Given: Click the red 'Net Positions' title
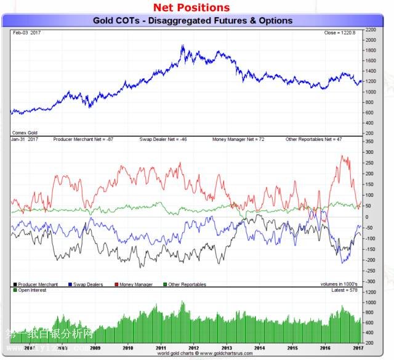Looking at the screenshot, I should point(191,7).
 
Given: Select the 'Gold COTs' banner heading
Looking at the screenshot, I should point(193,20).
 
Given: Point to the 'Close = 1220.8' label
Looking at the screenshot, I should point(339,32).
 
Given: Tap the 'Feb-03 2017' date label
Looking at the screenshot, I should point(25,32).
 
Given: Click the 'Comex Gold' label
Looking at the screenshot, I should point(24,133).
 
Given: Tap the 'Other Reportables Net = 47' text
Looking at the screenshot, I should point(314,140).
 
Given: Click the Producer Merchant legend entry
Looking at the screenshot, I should point(37,284).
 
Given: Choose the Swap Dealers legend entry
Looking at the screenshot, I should point(87,284).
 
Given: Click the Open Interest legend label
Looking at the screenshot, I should point(30,290).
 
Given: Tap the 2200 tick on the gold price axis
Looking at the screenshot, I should point(371,29).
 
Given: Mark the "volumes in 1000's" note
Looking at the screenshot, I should point(337,284).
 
